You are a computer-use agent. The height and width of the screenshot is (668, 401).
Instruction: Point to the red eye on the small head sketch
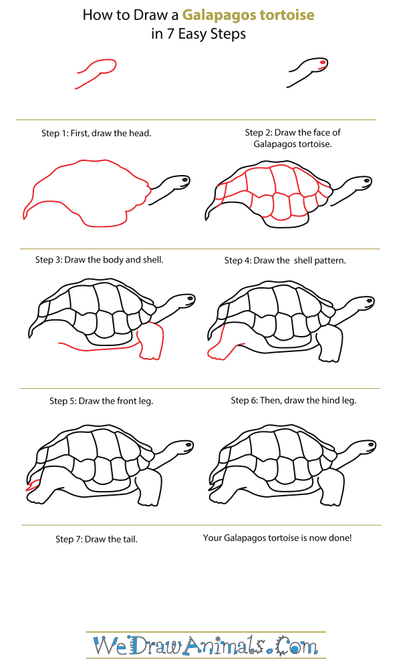pyautogui.click(x=322, y=63)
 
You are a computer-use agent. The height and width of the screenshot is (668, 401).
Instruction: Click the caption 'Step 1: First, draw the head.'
pyautogui.click(x=96, y=133)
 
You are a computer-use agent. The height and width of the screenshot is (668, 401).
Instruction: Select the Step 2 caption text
pyautogui.click(x=293, y=138)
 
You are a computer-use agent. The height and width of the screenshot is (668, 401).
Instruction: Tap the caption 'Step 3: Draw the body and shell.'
pyautogui.click(x=99, y=259)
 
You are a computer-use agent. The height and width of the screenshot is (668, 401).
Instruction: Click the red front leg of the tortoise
pyautogui.click(x=152, y=341)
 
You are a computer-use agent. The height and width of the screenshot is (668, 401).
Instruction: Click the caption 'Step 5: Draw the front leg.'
pyautogui.click(x=101, y=401)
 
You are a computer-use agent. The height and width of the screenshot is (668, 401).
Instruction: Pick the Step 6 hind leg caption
pyautogui.click(x=293, y=400)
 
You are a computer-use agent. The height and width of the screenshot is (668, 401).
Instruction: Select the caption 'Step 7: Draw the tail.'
pyautogui.click(x=96, y=538)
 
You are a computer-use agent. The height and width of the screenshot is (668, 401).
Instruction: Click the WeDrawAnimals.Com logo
pyautogui.click(x=205, y=645)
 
